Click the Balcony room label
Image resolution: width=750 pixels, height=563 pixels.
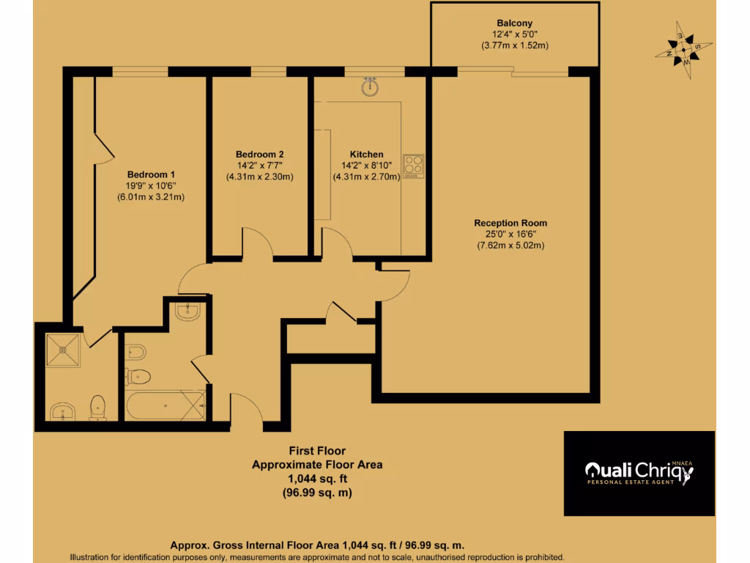[x=514, y=22]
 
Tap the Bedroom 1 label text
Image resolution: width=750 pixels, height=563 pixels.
[x=151, y=174]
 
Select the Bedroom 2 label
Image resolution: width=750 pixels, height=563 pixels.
[x=259, y=155]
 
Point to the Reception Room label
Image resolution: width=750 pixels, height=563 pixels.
[x=510, y=223]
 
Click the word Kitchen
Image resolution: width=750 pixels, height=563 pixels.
[x=366, y=155]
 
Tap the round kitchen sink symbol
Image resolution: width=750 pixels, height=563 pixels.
[x=371, y=88]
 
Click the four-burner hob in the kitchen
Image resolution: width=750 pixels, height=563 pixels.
[x=414, y=166]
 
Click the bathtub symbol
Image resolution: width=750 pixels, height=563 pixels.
[x=165, y=405]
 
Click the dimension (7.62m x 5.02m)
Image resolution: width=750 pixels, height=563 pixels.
[x=510, y=246]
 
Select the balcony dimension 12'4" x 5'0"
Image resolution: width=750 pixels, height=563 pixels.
[x=514, y=34]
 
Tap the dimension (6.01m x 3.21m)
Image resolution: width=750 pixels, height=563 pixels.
[x=151, y=197]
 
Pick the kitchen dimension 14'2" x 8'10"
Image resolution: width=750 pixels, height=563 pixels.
[x=366, y=166]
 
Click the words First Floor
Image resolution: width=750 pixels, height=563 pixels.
[x=317, y=451]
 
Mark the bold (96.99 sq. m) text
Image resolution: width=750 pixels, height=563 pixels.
[x=317, y=493]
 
